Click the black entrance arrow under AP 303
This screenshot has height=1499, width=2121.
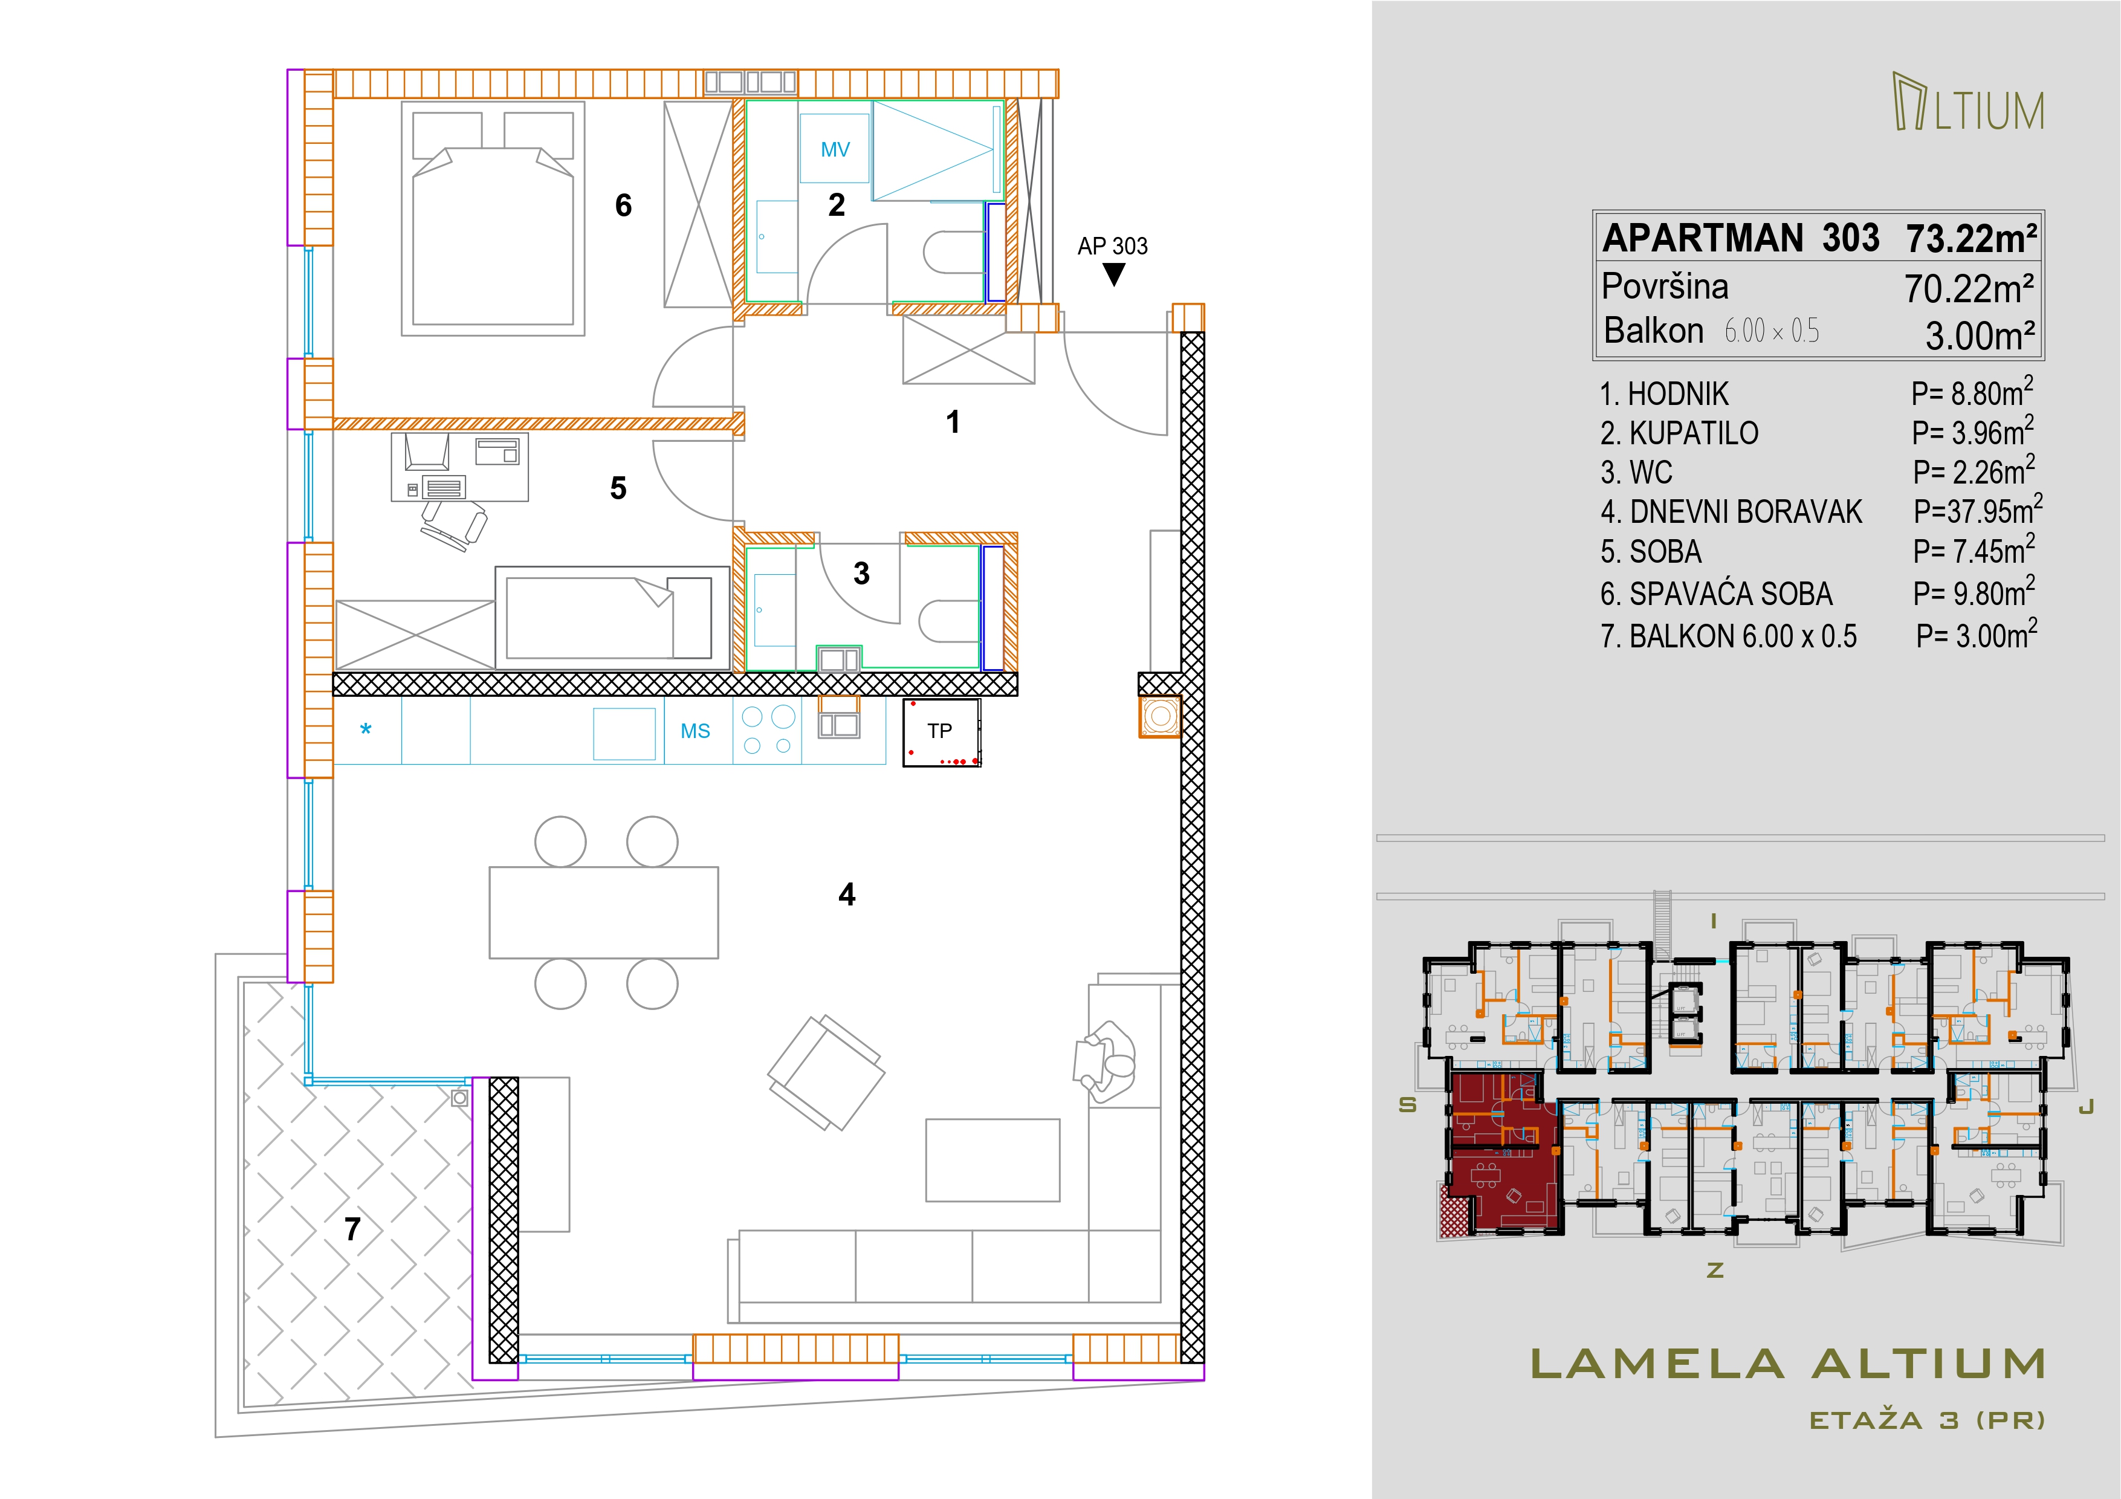(x=1114, y=274)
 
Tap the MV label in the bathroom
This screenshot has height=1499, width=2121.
(x=835, y=150)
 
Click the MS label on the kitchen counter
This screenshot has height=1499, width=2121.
(x=696, y=731)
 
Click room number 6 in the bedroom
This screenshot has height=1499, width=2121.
(x=624, y=205)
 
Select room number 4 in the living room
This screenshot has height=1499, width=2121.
(x=847, y=894)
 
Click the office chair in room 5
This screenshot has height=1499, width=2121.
(x=453, y=523)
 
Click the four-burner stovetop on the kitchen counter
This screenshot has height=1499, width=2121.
(x=768, y=730)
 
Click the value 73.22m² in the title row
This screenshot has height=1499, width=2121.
(x=1971, y=238)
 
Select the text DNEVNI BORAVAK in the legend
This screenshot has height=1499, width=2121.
(x=1746, y=512)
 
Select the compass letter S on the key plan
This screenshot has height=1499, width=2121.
(x=1408, y=1105)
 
